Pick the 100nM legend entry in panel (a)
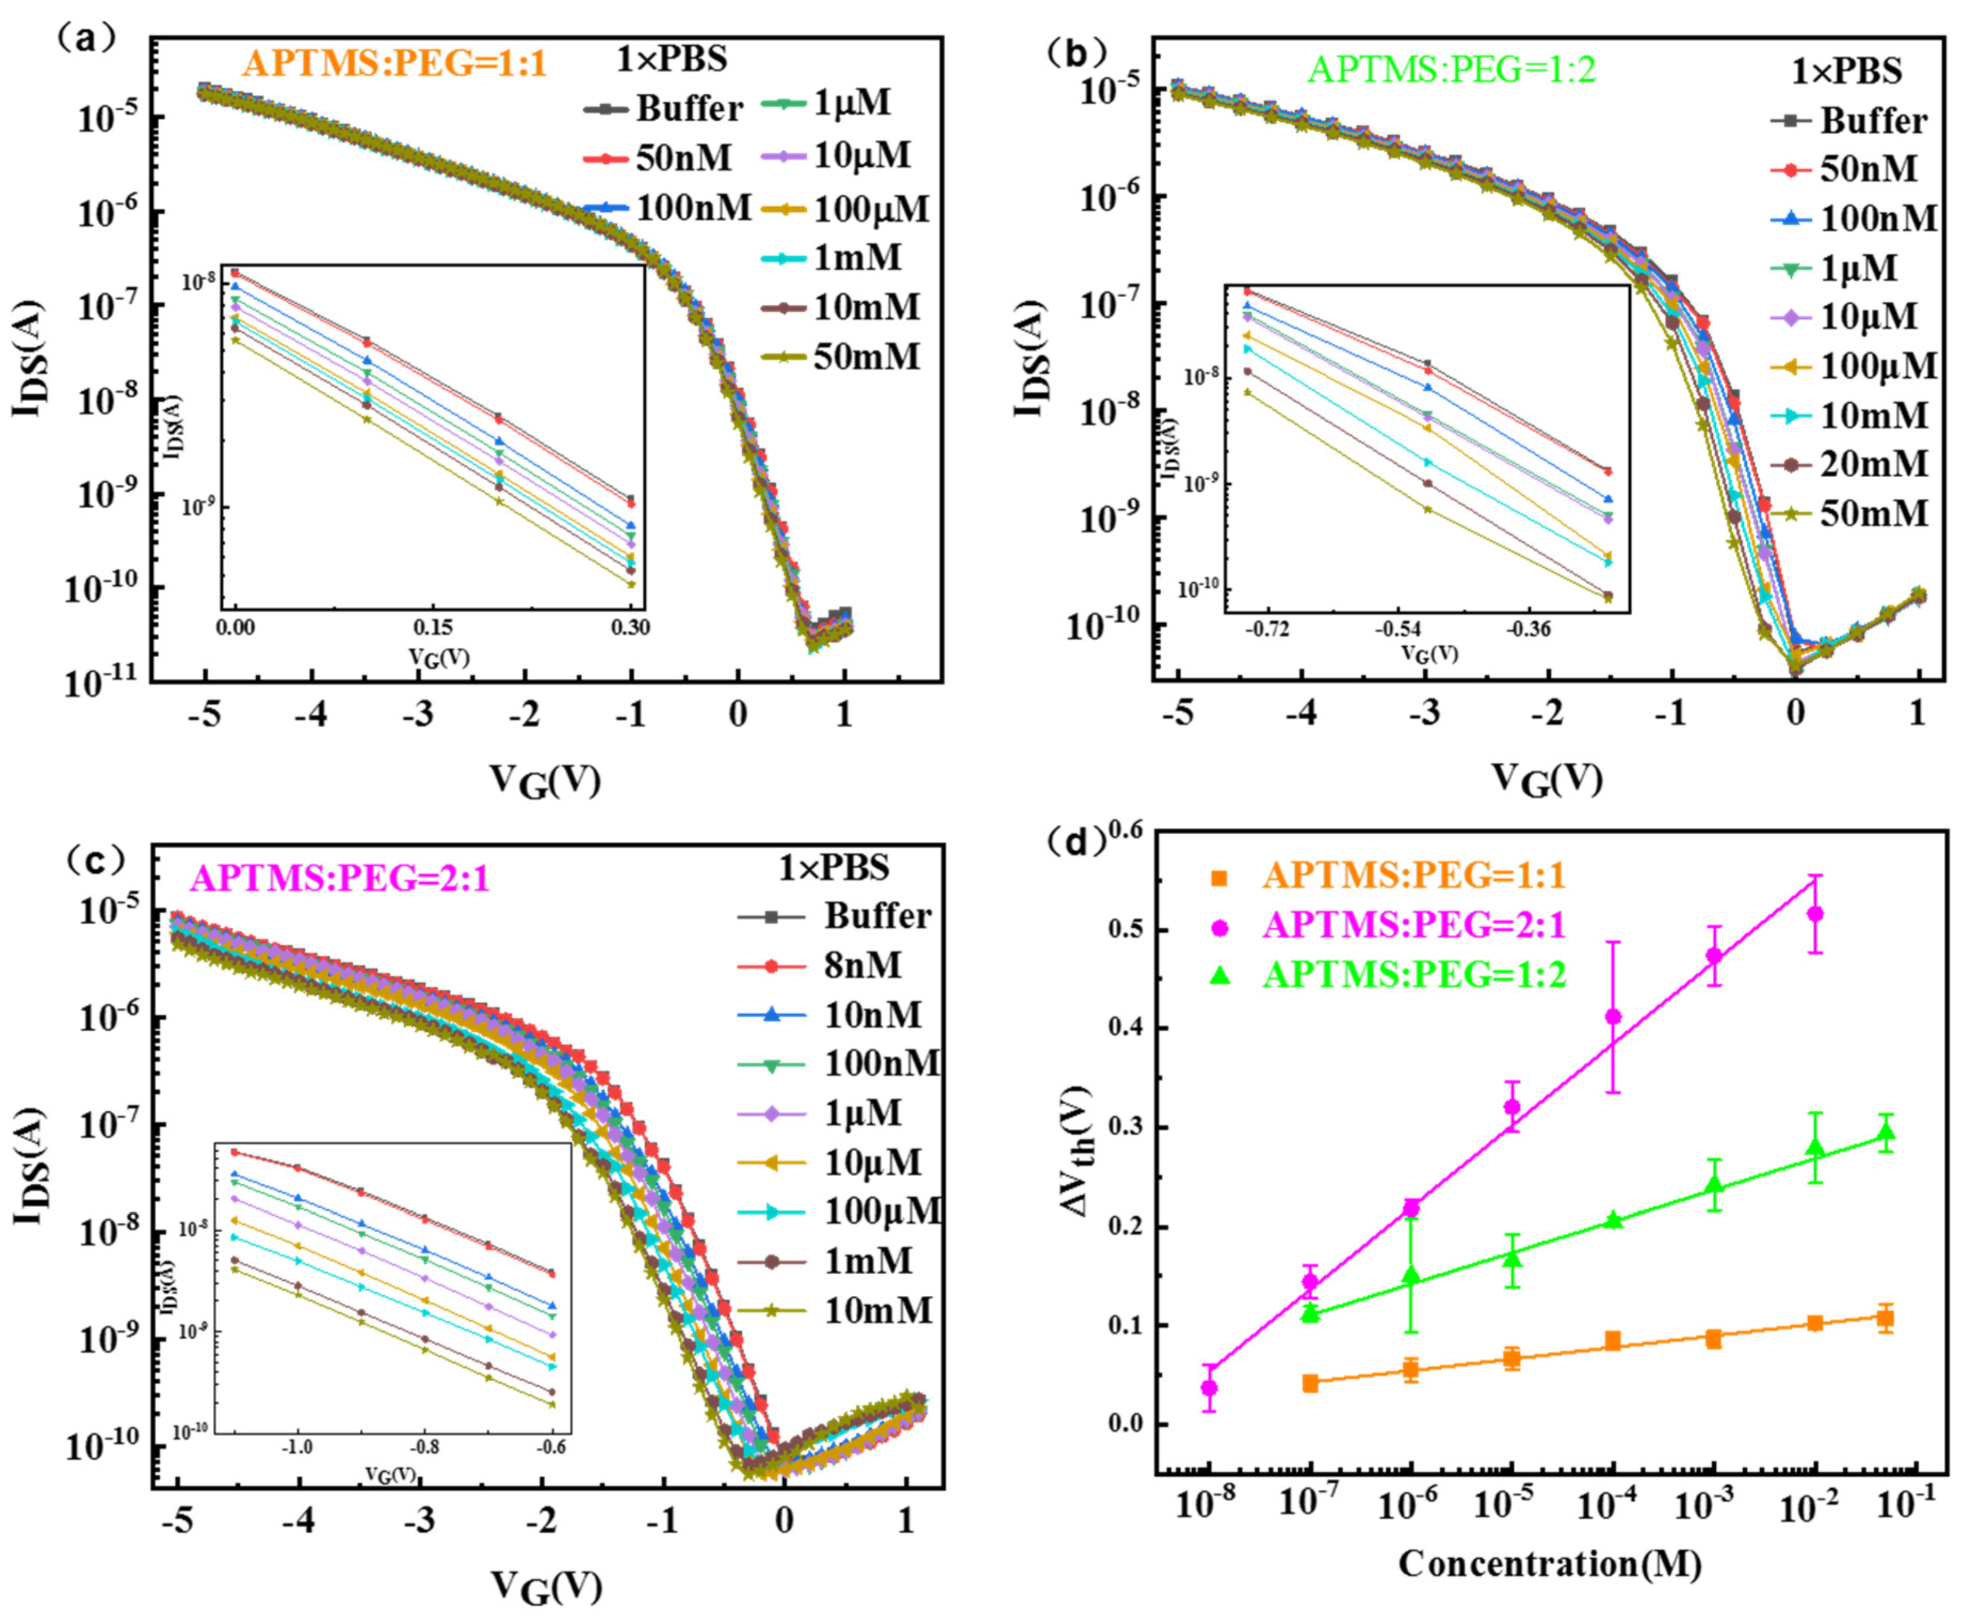pyautogui.click(x=693, y=208)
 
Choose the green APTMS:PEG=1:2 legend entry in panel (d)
pyautogui.click(x=1413, y=974)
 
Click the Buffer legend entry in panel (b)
pyautogui.click(x=1872, y=121)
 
